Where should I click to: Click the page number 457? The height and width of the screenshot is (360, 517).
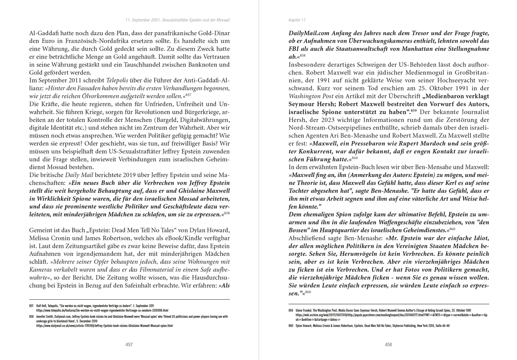pos(129,344)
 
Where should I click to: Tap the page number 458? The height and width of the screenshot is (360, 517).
pos(388,344)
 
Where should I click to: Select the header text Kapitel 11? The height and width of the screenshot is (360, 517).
pos(297,20)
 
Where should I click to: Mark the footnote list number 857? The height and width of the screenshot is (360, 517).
pos(31,306)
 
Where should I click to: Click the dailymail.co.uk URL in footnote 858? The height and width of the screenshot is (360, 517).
pos(104,326)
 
